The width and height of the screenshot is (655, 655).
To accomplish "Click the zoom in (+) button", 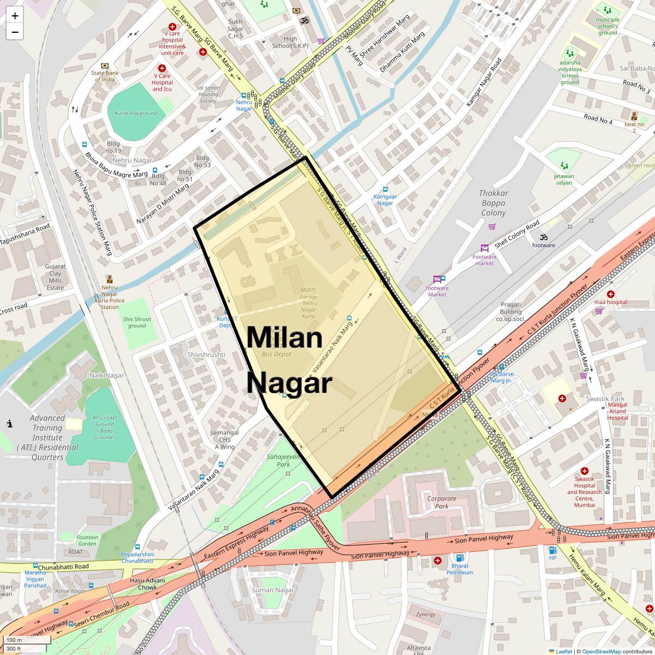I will click(15, 16).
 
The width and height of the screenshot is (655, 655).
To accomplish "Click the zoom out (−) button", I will click(15, 32).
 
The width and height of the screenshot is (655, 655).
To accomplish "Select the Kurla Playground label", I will click(136, 114).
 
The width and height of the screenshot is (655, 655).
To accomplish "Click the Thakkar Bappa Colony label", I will click(493, 203).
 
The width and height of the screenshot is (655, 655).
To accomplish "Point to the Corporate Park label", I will click(442, 502).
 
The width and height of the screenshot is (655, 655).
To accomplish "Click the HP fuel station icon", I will click(553, 550).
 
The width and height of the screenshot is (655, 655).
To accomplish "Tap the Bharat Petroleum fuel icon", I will click(460, 557).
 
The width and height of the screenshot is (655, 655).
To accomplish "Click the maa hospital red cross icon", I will click(610, 294).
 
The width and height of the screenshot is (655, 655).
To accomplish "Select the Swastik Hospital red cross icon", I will click(584, 471).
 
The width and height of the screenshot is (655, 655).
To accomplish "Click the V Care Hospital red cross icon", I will click(162, 68).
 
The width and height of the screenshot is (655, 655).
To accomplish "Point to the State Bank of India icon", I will click(105, 65).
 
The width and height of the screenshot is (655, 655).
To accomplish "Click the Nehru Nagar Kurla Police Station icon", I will click(109, 279).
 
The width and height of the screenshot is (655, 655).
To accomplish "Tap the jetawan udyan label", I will click(564, 179).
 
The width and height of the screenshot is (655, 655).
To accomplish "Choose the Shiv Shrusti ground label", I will click(137, 323).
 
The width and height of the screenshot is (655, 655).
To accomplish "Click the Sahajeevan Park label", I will click(283, 460).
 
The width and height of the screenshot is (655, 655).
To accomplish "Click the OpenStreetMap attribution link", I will click(601, 651).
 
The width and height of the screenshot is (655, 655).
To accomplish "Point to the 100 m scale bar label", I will click(15, 640).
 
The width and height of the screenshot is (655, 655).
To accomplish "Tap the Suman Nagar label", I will click(273, 590).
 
